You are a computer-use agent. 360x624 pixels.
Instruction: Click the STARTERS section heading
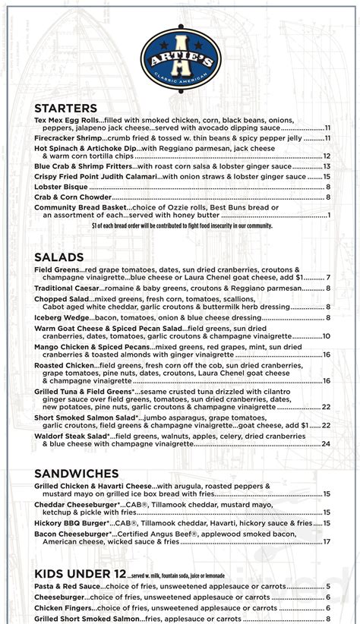pos(66,109)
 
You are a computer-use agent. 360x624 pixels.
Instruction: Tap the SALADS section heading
pos(59,257)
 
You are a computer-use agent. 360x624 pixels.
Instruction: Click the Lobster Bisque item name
pos(60,187)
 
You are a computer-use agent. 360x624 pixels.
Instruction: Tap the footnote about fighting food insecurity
pos(182,225)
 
